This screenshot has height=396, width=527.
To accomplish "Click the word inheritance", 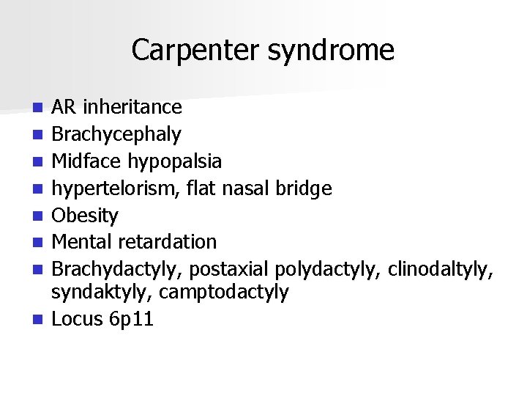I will (132, 108).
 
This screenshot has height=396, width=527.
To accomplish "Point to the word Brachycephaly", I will (116, 135).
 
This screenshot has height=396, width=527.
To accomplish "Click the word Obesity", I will (85, 216).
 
